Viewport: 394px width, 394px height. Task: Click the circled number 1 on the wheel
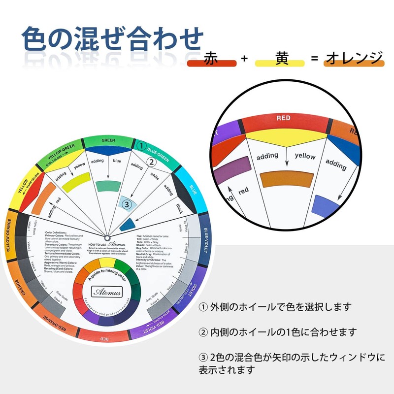(x=141, y=146)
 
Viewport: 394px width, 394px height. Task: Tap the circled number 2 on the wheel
(x=152, y=162)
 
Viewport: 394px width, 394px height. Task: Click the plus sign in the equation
(x=245, y=59)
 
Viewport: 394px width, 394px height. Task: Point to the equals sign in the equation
(x=314, y=59)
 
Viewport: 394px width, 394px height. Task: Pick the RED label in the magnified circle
(x=283, y=118)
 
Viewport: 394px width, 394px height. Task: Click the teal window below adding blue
(x=107, y=186)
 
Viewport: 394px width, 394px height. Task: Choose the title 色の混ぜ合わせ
(x=112, y=38)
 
